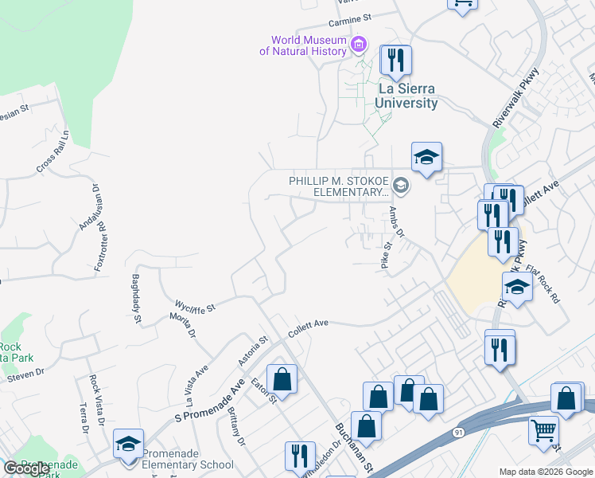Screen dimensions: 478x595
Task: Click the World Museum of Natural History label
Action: point(303,45)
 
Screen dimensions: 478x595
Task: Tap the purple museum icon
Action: point(358,42)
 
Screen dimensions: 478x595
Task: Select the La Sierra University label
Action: point(407,96)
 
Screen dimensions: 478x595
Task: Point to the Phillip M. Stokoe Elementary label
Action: point(340,186)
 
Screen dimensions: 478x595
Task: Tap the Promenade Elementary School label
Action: point(188,464)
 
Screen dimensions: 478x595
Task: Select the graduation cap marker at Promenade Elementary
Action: point(128,445)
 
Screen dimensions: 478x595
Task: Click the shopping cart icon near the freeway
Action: point(543,430)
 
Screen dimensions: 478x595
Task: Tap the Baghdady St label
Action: point(134,299)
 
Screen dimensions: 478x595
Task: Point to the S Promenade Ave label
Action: point(209,401)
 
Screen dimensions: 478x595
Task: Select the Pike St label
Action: point(387,259)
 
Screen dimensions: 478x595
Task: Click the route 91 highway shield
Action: point(458,432)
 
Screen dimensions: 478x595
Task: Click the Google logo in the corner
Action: point(26,468)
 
